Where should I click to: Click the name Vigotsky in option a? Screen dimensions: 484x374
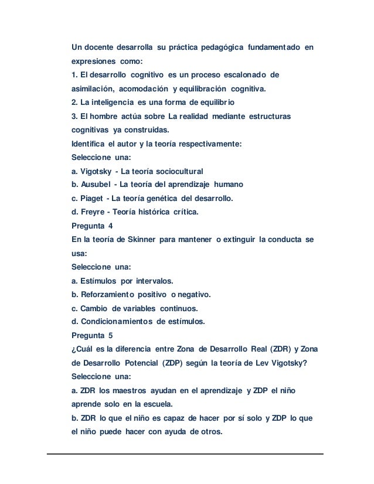click(x=96, y=171)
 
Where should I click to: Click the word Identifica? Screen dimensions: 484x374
click(x=87, y=144)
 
